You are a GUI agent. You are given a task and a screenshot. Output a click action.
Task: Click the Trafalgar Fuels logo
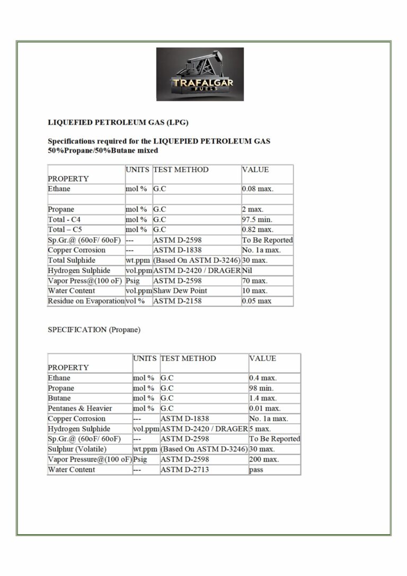(200, 74)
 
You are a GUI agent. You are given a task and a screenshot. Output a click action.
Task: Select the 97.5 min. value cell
(258, 219)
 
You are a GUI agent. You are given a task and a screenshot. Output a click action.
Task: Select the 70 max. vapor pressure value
(254, 281)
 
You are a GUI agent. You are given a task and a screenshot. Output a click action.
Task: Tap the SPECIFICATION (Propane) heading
(94, 330)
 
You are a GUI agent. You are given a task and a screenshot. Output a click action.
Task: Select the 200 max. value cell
(263, 459)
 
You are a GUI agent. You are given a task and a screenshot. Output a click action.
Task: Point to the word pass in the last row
(256, 469)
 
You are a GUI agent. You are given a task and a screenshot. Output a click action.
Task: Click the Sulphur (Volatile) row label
(77, 449)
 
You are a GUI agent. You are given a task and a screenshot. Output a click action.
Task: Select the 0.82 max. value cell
(258, 229)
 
